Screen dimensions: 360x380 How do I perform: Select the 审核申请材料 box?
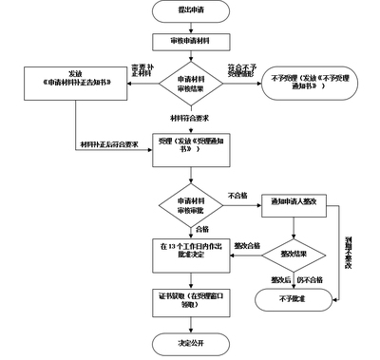pyautogui.click(x=190, y=44)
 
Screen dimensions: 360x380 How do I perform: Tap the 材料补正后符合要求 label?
pyautogui.click(x=112, y=146)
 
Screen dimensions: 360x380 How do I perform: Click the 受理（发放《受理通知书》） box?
pyautogui.click(x=190, y=155)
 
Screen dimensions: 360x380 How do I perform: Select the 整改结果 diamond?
pyautogui.click(x=286, y=255)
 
